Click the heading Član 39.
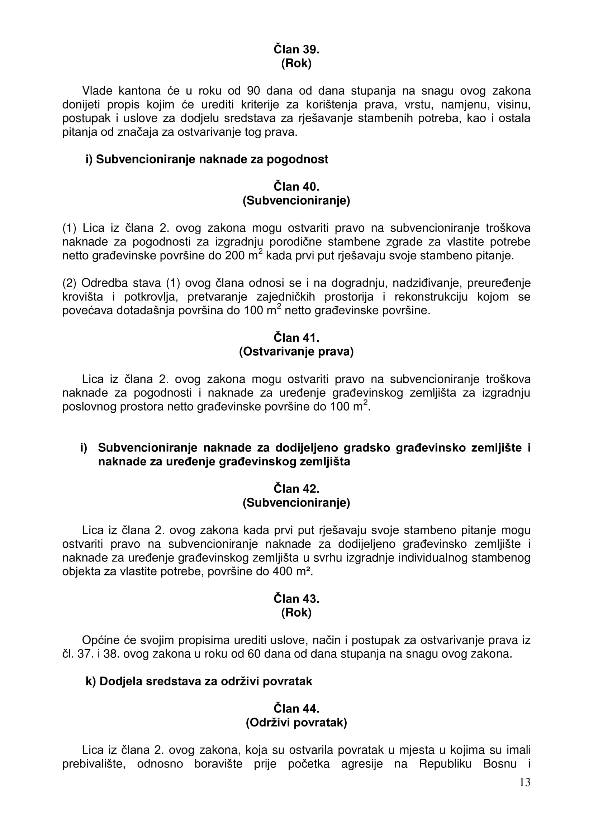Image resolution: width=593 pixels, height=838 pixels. pyautogui.click(x=296, y=49)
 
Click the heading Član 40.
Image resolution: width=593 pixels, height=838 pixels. pyautogui.click(x=296, y=187)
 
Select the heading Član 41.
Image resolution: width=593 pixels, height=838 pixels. pyautogui.click(x=296, y=337)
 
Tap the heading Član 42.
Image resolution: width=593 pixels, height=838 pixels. pyautogui.click(x=296, y=489)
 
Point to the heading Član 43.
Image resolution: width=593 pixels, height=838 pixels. pyautogui.click(x=296, y=599)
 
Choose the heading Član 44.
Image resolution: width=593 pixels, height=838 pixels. pyautogui.click(x=296, y=708)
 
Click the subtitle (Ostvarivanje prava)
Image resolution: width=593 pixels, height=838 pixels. pyautogui.click(x=296, y=351)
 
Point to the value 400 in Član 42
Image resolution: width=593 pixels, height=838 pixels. pyautogui.click(x=283, y=571)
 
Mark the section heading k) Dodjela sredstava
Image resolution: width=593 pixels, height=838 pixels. pyautogui.click(x=199, y=681)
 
